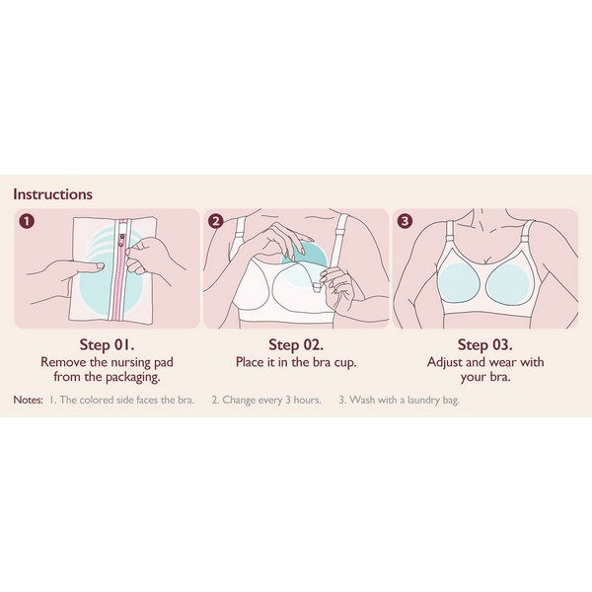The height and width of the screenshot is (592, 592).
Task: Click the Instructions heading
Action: click(52, 194)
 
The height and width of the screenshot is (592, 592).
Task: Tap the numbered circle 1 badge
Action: click(28, 221)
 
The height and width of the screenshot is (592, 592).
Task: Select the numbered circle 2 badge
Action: click(216, 221)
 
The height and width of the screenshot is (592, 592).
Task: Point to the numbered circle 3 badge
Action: click(406, 220)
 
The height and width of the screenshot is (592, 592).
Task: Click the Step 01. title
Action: click(107, 344)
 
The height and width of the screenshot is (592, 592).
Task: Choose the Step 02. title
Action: click(296, 344)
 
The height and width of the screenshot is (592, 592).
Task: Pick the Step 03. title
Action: click(485, 344)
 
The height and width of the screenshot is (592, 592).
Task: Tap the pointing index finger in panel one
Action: click(86, 267)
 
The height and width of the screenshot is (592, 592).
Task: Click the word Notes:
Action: click(28, 400)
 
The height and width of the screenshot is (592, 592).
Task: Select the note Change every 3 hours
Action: click(266, 401)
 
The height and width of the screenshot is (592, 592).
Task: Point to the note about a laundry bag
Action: click(399, 401)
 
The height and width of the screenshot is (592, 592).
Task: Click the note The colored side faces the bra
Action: click(121, 401)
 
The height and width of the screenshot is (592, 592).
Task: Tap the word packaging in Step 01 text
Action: click(132, 377)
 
